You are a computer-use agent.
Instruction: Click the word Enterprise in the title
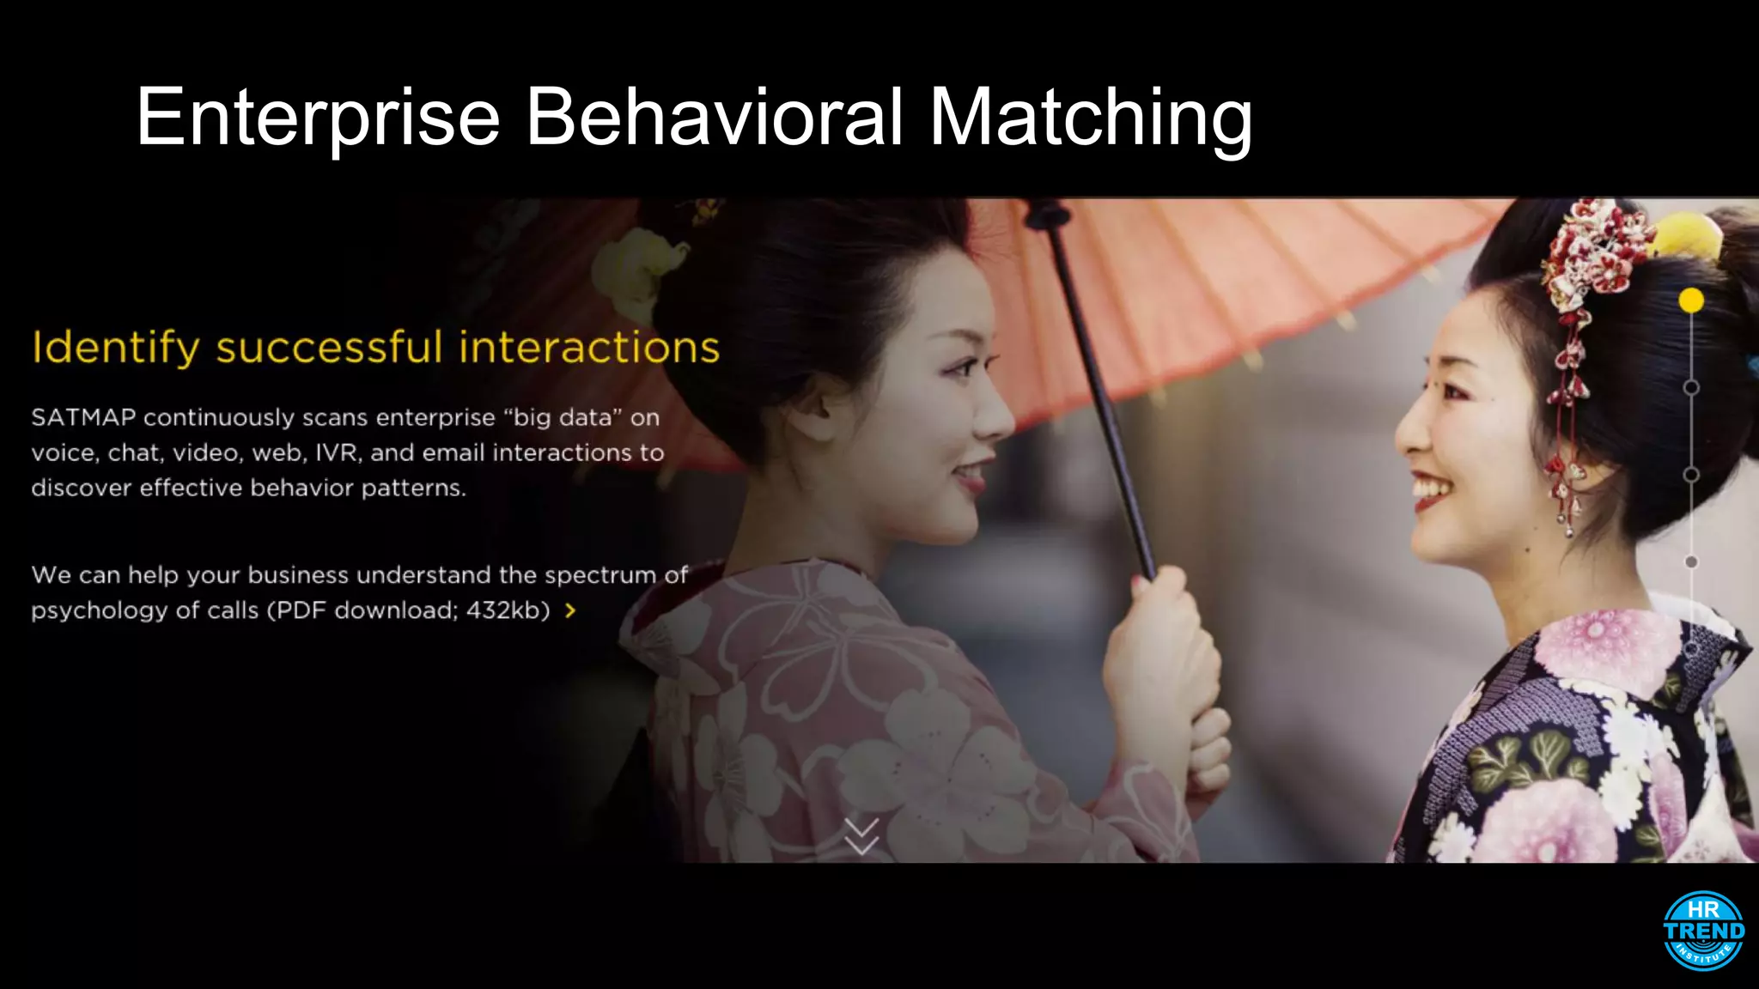pos(318,118)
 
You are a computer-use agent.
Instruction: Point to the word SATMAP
pos(83,418)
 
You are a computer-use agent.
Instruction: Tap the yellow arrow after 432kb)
pos(570,610)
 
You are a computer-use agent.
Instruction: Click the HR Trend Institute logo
pos(1703,931)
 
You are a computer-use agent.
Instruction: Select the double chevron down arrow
pos(861,836)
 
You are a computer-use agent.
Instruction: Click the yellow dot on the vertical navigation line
pos(1691,300)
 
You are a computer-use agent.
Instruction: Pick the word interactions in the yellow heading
pos(589,348)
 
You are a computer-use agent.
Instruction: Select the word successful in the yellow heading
pos(330,348)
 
